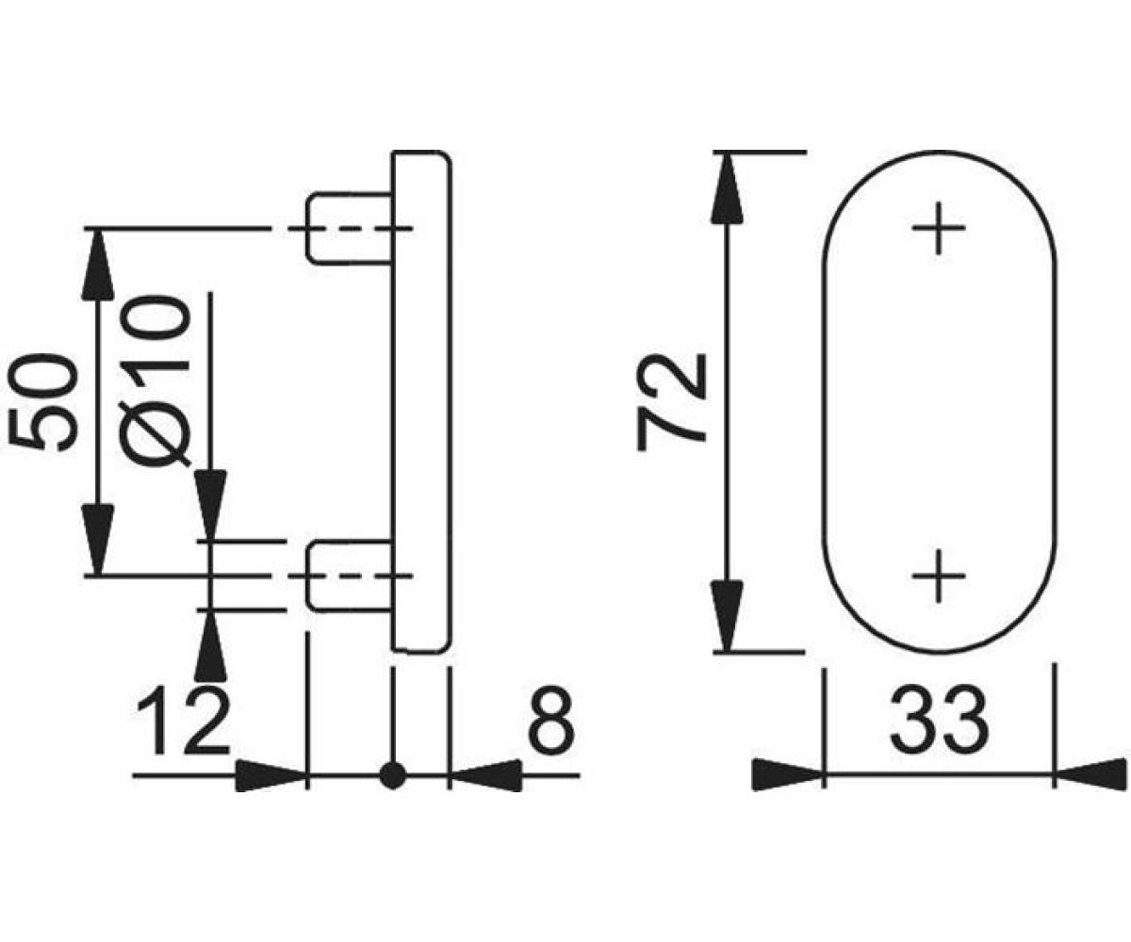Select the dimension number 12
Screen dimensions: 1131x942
[x=183, y=723]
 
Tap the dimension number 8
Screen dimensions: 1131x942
[x=550, y=723]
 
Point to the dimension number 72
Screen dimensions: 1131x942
[x=671, y=401]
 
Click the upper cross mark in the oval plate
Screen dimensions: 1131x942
[x=939, y=228]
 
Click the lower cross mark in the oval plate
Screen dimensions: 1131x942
[x=939, y=576]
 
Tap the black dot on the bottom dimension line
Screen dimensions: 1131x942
[x=392, y=776]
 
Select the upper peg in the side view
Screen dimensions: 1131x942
[x=351, y=229]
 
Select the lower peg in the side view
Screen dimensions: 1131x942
[x=351, y=576]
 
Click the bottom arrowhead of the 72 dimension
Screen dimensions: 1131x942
[x=727, y=617]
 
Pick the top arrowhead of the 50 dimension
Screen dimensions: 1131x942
[x=97, y=264]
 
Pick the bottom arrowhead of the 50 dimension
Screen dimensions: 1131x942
[x=97, y=539]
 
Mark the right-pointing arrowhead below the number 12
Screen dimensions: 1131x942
[x=270, y=776]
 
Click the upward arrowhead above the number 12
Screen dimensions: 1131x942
[x=211, y=645]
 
